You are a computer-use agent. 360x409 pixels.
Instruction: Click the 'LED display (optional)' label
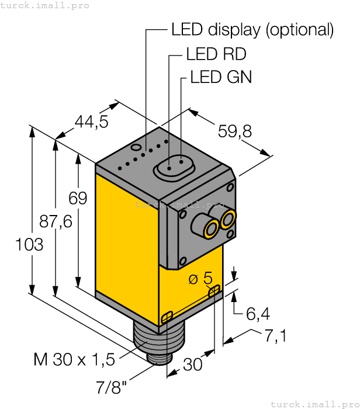click(252, 30)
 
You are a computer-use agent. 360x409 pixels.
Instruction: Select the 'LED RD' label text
click(216, 54)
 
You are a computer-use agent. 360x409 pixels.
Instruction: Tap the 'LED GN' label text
click(221, 77)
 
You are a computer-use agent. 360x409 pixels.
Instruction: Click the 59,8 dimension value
click(235, 132)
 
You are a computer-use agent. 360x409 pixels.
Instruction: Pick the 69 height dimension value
click(78, 199)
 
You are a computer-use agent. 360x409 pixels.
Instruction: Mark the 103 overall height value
click(29, 244)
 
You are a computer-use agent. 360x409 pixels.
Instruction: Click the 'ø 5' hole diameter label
click(200, 278)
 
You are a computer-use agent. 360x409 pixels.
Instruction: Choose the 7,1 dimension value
click(275, 337)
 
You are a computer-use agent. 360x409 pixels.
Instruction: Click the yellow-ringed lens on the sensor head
click(227, 220)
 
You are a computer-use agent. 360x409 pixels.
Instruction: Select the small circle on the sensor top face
click(137, 147)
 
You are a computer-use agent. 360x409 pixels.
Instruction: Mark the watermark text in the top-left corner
click(45, 5)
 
